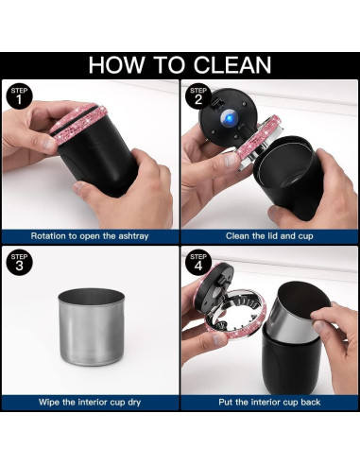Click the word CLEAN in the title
tap(232, 65)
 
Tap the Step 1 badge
tap(19, 96)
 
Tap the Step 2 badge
tap(198, 96)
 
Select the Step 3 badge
tap(19, 263)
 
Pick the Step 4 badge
tap(198, 263)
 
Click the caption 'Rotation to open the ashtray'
tap(90, 236)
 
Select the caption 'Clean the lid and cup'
tap(269, 236)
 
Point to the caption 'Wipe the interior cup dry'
tap(90, 402)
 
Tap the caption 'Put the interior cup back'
tap(269, 402)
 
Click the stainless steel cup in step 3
tap(92, 327)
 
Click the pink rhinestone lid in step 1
tap(78, 122)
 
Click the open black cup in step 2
tap(288, 177)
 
